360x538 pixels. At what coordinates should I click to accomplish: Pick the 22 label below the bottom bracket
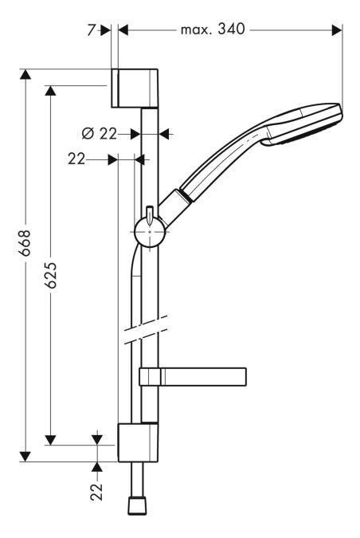coord(97,492)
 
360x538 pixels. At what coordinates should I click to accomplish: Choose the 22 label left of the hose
coord(76,159)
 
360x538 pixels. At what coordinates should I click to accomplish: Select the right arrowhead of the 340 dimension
coord(338,30)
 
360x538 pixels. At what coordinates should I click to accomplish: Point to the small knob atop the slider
coord(148,213)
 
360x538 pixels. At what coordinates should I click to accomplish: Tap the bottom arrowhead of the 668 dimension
coord(25,457)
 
